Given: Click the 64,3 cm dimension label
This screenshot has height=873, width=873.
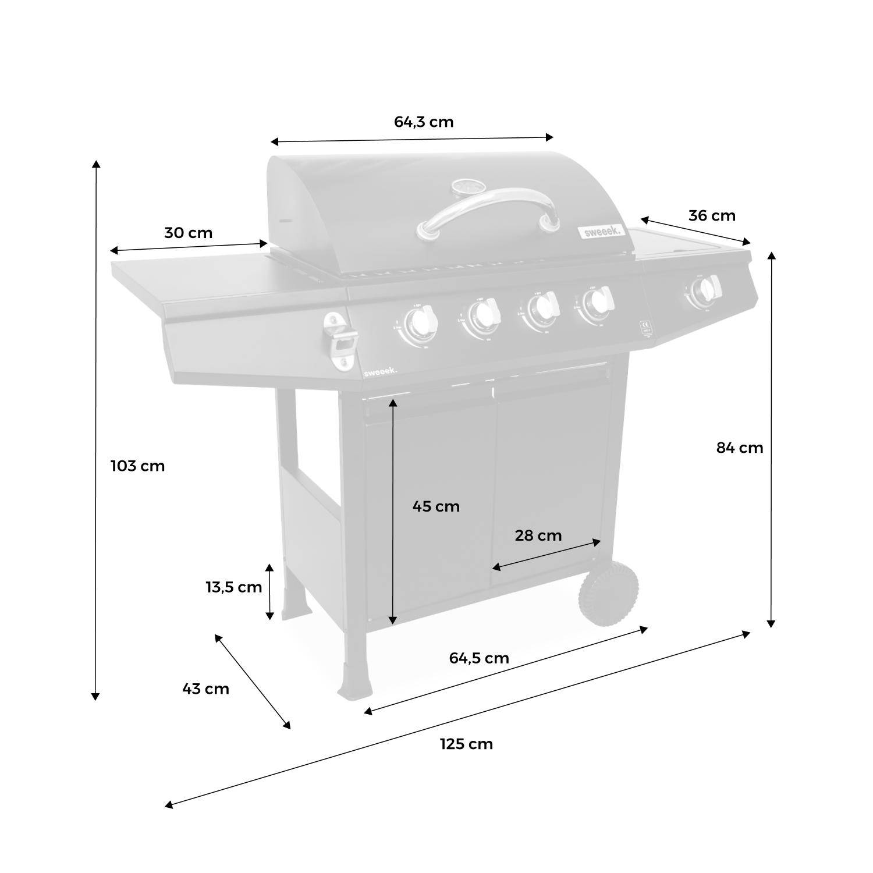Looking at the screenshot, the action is pyautogui.click(x=424, y=122).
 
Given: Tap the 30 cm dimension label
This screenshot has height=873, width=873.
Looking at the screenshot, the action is pyautogui.click(x=189, y=233).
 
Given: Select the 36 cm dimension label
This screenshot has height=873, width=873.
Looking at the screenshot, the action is pyautogui.click(x=712, y=216).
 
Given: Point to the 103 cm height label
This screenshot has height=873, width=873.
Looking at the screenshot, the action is pyautogui.click(x=138, y=466).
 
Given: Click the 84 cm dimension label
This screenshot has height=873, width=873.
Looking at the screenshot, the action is pyautogui.click(x=739, y=448).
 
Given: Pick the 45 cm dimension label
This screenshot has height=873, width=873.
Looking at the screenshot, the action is pyautogui.click(x=436, y=507).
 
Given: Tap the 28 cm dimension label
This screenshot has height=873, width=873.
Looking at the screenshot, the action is pyautogui.click(x=538, y=535).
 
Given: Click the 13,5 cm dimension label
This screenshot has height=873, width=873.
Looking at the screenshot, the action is pyautogui.click(x=234, y=588).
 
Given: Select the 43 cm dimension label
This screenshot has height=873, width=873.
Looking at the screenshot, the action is pyautogui.click(x=206, y=689).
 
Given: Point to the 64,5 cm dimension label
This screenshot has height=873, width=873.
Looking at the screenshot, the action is pyautogui.click(x=479, y=658).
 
